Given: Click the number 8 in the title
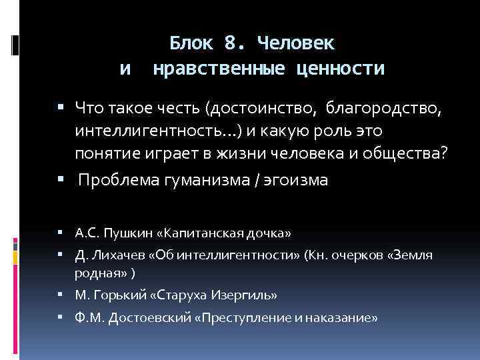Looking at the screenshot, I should click(231, 43).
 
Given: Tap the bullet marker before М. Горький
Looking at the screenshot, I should click(60, 294).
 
